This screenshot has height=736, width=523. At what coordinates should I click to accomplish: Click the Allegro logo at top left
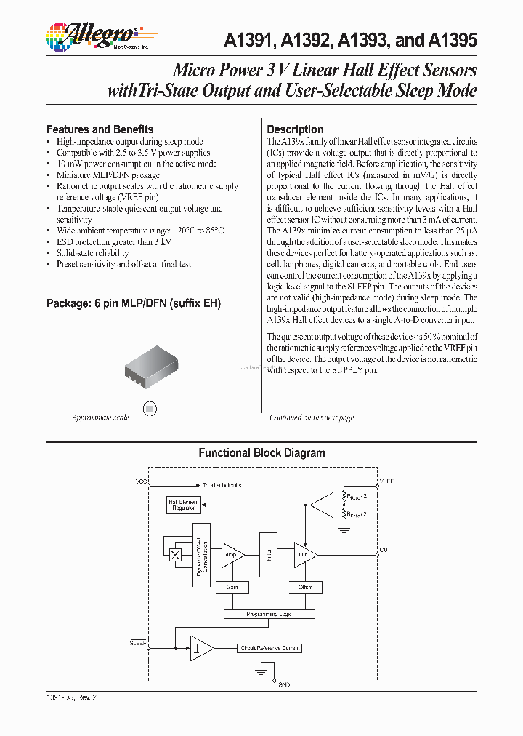coord(91,36)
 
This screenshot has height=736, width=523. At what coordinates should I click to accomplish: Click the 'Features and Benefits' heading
coord(100,129)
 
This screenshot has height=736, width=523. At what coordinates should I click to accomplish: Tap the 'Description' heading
coord(295,129)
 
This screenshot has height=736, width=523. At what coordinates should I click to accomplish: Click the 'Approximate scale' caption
coord(100,417)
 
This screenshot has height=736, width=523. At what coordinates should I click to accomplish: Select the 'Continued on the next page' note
coord(315,417)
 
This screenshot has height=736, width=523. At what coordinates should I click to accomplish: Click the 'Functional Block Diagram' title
coord(261,452)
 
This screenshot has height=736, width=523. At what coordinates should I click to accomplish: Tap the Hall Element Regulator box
coord(184,505)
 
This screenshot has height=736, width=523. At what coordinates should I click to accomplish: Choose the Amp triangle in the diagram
coord(232,554)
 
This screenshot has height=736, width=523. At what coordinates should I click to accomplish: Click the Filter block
coord(269,554)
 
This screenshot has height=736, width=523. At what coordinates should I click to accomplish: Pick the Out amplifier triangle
coord(304,554)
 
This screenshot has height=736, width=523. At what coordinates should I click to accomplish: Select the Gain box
coord(232,586)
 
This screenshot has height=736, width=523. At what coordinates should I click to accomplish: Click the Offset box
coord(305,586)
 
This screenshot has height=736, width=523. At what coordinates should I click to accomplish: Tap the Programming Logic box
coord(269,614)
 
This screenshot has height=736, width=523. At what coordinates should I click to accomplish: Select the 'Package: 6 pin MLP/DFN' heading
coord(133,303)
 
